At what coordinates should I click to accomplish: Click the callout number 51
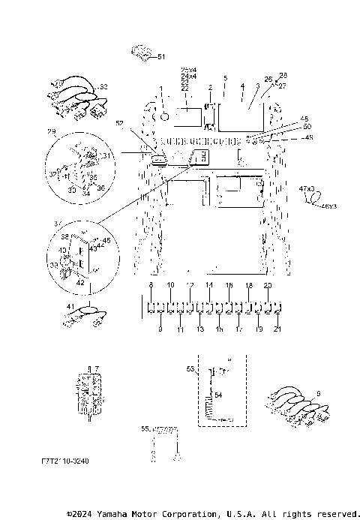click(x=161, y=56)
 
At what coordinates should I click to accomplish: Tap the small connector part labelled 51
click(x=141, y=53)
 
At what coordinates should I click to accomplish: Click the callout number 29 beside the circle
click(x=52, y=132)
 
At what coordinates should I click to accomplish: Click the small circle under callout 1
click(x=160, y=116)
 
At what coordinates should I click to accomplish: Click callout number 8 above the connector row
click(x=151, y=287)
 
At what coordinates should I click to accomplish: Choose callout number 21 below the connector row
click(x=278, y=329)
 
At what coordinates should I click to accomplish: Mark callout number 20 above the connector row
click(x=268, y=287)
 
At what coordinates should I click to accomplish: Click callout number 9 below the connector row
click(x=160, y=329)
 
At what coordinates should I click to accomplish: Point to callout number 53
click(x=190, y=368)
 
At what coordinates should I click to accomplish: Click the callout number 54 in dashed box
click(x=218, y=394)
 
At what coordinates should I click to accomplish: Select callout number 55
click(x=145, y=428)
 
